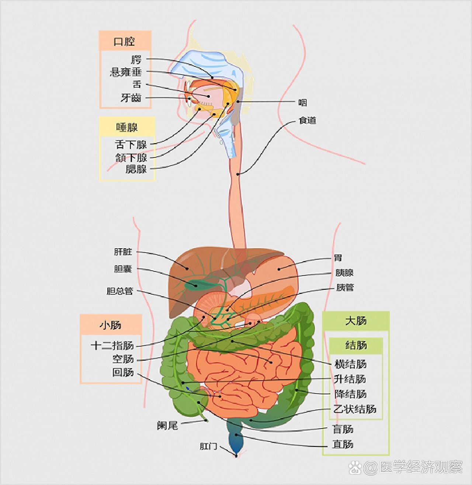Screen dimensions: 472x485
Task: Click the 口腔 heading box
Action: tap(125, 41)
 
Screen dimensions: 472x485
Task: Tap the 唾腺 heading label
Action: tap(127, 127)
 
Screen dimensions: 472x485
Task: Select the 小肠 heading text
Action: tap(110, 325)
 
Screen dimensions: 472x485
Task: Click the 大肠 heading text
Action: tap(356, 321)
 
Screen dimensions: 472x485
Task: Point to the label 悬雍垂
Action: tap(126, 72)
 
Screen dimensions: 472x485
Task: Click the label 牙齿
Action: tap(131, 98)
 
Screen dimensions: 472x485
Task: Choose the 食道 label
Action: tap(307, 120)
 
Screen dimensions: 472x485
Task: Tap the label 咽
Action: tap(303, 103)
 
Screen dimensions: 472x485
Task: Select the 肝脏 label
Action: tap(123, 252)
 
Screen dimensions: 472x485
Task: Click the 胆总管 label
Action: tap(120, 291)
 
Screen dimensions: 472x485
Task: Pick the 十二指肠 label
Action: tap(112, 346)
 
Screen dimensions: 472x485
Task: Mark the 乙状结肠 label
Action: tap(355, 409)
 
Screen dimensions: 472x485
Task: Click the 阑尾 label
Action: tap(167, 425)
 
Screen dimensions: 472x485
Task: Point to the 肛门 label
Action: tap(208, 446)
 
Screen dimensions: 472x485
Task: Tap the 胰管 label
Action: tap(345, 287)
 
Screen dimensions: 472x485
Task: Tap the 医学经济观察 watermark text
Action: tap(421, 467)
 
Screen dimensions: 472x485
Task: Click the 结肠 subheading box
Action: tap(356, 346)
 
